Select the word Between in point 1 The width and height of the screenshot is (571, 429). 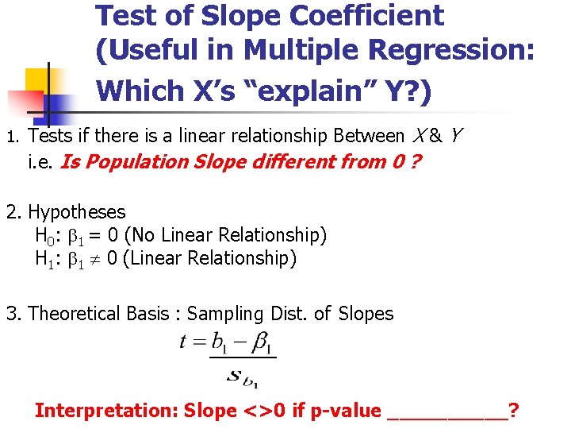369,137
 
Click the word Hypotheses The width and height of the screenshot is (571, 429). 76,212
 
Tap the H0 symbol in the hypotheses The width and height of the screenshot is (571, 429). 44,235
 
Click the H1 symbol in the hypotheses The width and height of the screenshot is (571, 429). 44,258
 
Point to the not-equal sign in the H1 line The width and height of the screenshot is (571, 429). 94,259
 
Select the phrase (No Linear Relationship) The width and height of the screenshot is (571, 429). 226,235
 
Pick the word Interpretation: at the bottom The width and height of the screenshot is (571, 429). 107,411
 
